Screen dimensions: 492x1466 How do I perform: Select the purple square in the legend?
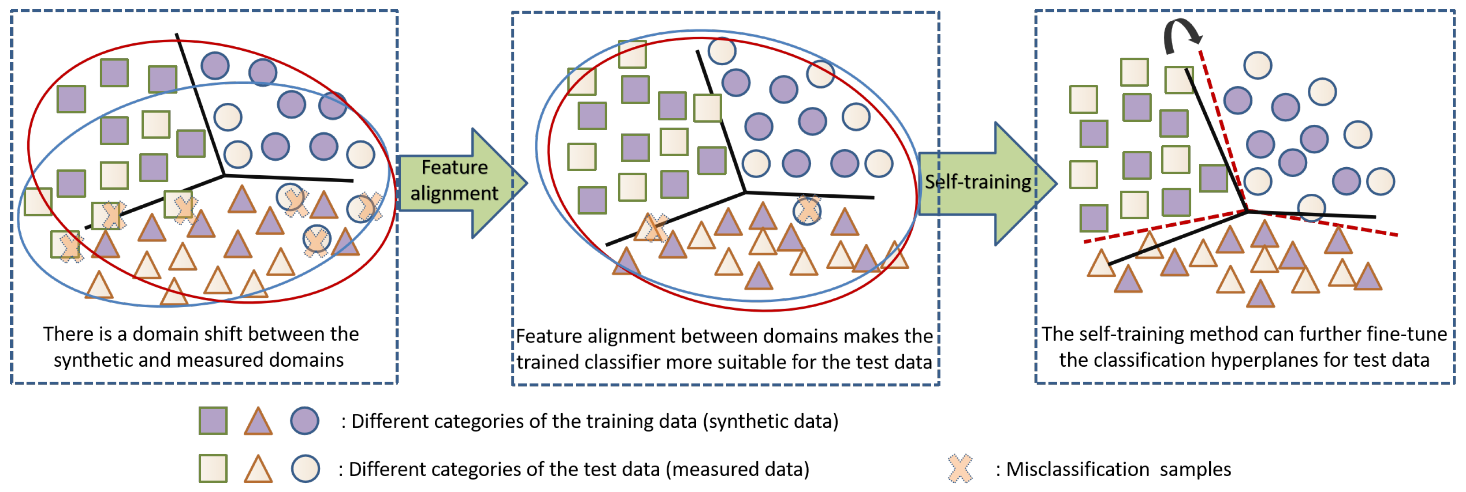[213, 421]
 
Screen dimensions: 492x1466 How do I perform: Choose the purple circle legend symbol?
[305, 421]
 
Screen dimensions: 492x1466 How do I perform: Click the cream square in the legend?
[213, 469]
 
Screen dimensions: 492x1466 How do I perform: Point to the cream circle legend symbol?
[305, 469]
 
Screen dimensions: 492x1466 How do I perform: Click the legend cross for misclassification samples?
[960, 469]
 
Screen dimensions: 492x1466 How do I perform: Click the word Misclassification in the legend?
[1077, 469]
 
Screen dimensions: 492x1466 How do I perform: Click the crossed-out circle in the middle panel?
[807, 210]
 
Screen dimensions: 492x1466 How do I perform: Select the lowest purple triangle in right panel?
[1260, 295]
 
